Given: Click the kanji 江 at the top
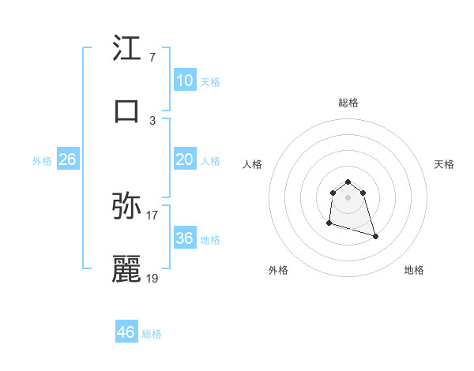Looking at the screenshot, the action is point(127,48).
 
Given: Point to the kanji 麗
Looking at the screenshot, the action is point(127,269).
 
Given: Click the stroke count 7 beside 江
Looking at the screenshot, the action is point(152,58).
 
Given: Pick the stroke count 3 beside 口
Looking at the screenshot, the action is point(152,120).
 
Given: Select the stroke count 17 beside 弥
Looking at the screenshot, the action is point(152,215).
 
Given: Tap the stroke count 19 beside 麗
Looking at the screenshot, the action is point(152,278).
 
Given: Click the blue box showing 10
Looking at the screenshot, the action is point(184,81).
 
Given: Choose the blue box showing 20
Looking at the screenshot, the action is point(184,159).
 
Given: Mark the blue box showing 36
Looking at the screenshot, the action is point(184,238).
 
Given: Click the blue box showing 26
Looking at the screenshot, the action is point(67,159).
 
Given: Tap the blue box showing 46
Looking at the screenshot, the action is point(126,332).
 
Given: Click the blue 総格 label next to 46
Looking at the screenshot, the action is point(152,334).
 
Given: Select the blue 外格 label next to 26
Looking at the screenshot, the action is point(42,161).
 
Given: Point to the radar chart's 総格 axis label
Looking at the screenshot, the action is point(348,103).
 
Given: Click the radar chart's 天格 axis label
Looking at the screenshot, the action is point(445,164).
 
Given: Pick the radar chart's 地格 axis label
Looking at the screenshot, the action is point(414,270).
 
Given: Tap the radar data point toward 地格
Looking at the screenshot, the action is point(375,236).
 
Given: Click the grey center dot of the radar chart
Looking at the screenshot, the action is point(348,197).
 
